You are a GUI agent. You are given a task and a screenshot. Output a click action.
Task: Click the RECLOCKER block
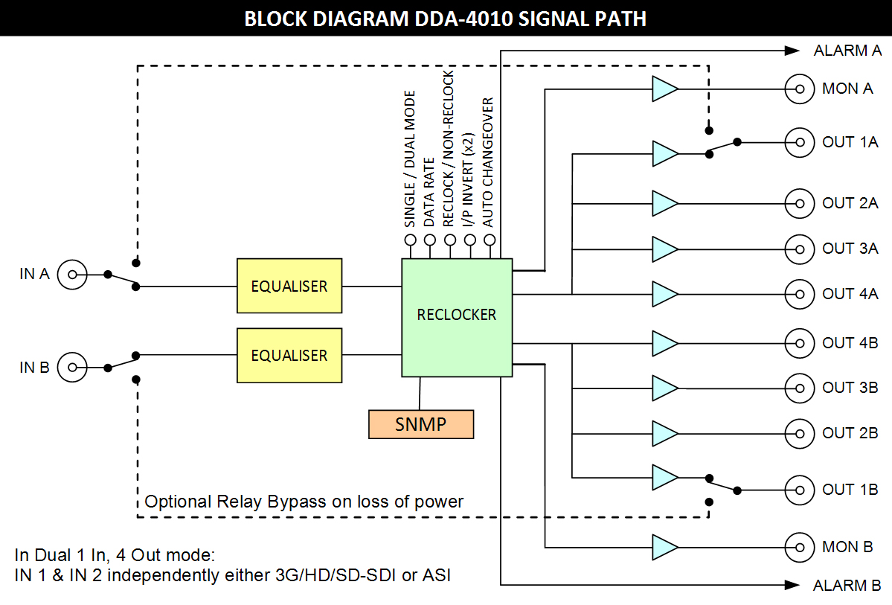click(457, 316)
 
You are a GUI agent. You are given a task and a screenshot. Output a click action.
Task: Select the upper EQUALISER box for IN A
click(289, 286)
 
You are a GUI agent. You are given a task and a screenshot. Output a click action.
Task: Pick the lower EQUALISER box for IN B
click(289, 355)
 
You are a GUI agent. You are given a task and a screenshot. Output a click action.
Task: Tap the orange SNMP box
click(421, 423)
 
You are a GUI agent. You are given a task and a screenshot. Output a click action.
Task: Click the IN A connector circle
click(72, 275)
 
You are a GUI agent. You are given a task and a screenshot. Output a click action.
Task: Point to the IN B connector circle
click(72, 367)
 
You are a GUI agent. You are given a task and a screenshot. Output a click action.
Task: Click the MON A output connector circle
click(800, 89)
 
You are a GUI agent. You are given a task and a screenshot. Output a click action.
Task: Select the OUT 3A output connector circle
click(800, 249)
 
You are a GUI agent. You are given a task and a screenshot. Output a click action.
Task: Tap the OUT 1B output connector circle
click(800, 490)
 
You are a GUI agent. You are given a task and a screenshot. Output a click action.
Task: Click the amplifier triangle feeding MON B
click(664, 547)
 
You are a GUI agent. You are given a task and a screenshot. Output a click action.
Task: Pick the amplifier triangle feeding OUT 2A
click(664, 203)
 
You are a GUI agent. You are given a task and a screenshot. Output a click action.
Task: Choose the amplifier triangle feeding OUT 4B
click(664, 343)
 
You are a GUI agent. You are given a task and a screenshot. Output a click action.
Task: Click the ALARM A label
click(847, 51)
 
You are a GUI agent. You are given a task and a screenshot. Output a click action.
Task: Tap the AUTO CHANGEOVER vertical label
click(488, 161)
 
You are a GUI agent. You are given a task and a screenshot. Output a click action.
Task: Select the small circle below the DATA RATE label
click(429, 240)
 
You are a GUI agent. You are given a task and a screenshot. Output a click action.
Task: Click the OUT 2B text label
click(850, 433)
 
